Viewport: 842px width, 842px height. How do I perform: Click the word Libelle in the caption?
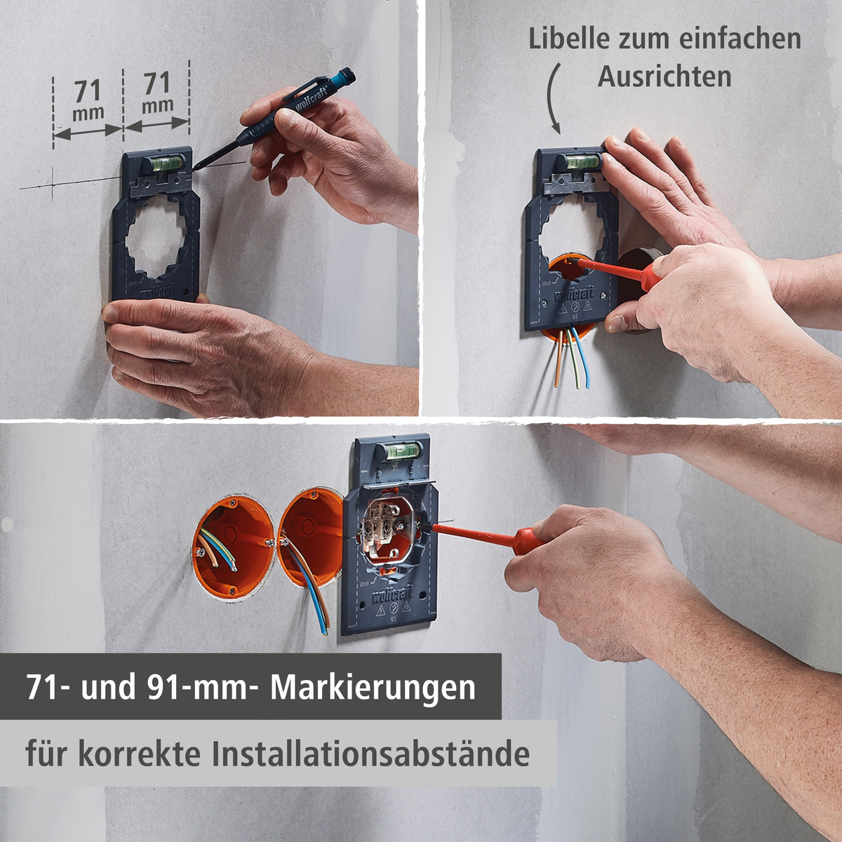point(569,39)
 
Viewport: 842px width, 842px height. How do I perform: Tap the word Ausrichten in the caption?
point(664,76)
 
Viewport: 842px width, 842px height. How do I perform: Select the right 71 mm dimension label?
point(157,93)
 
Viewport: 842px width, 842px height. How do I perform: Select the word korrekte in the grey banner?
point(140,754)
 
